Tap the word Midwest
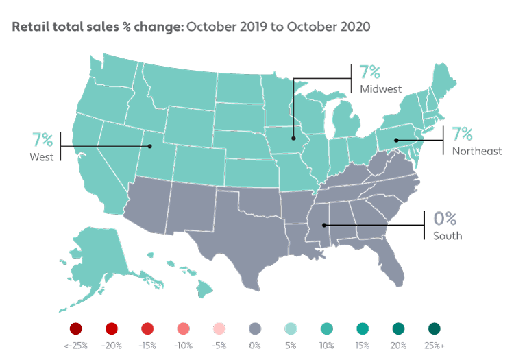pos(380,89)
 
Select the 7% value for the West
pos(42,140)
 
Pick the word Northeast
pos(477,150)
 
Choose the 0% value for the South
pos(445,219)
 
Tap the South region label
pos(447,236)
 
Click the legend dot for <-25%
pos(76,328)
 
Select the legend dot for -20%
pos(112,328)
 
